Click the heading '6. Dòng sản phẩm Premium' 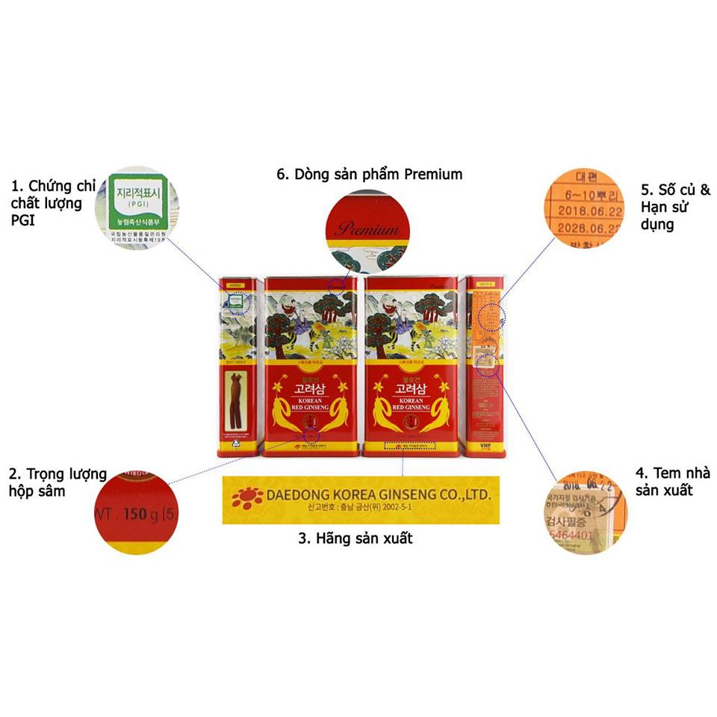click(369, 174)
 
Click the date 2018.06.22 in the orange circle click(585, 211)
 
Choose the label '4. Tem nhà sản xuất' click(672, 482)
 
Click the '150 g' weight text click(134, 515)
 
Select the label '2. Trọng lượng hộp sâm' click(56, 482)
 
